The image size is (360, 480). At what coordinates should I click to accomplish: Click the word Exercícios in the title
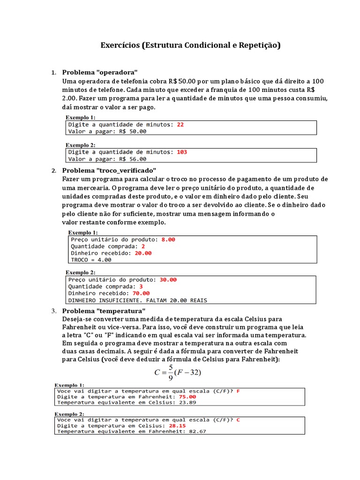click(x=120, y=45)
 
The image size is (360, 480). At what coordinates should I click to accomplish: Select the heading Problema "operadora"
click(x=100, y=72)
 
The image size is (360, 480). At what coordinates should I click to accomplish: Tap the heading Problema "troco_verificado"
click(x=109, y=170)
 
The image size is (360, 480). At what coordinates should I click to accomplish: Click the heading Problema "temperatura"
click(x=104, y=311)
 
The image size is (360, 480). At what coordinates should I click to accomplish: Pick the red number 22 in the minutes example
click(x=180, y=125)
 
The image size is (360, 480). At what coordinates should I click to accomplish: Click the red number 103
click(x=182, y=152)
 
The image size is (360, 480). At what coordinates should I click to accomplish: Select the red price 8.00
click(x=168, y=239)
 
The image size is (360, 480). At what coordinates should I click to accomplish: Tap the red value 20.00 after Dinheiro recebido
click(x=143, y=253)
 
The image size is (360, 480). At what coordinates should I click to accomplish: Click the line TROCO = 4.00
click(x=91, y=259)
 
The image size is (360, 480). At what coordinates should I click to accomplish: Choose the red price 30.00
click(x=168, y=279)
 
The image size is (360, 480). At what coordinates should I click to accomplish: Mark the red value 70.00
click(x=141, y=293)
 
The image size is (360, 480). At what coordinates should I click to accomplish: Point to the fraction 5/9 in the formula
click(x=171, y=372)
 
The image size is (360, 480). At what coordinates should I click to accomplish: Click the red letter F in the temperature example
click(x=238, y=390)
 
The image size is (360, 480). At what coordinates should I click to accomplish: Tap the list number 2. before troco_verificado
click(x=53, y=170)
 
